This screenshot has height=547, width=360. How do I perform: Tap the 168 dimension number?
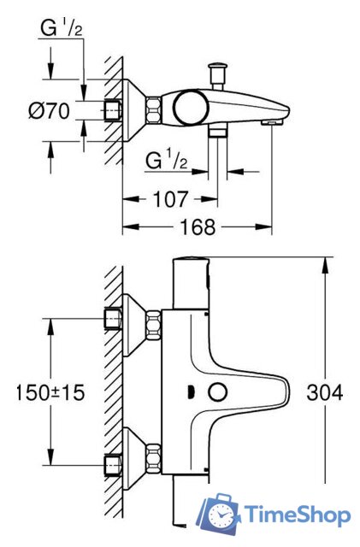pyautogui.click(x=198, y=227)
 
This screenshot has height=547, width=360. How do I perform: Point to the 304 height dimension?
pyautogui.click(x=325, y=392)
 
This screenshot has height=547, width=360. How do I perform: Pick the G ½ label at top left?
pyautogui.click(x=62, y=31)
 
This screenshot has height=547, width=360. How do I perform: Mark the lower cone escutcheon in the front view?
pyautogui.click(x=133, y=454)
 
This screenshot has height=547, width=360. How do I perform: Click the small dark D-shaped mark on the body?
pyautogui.click(x=190, y=392)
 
